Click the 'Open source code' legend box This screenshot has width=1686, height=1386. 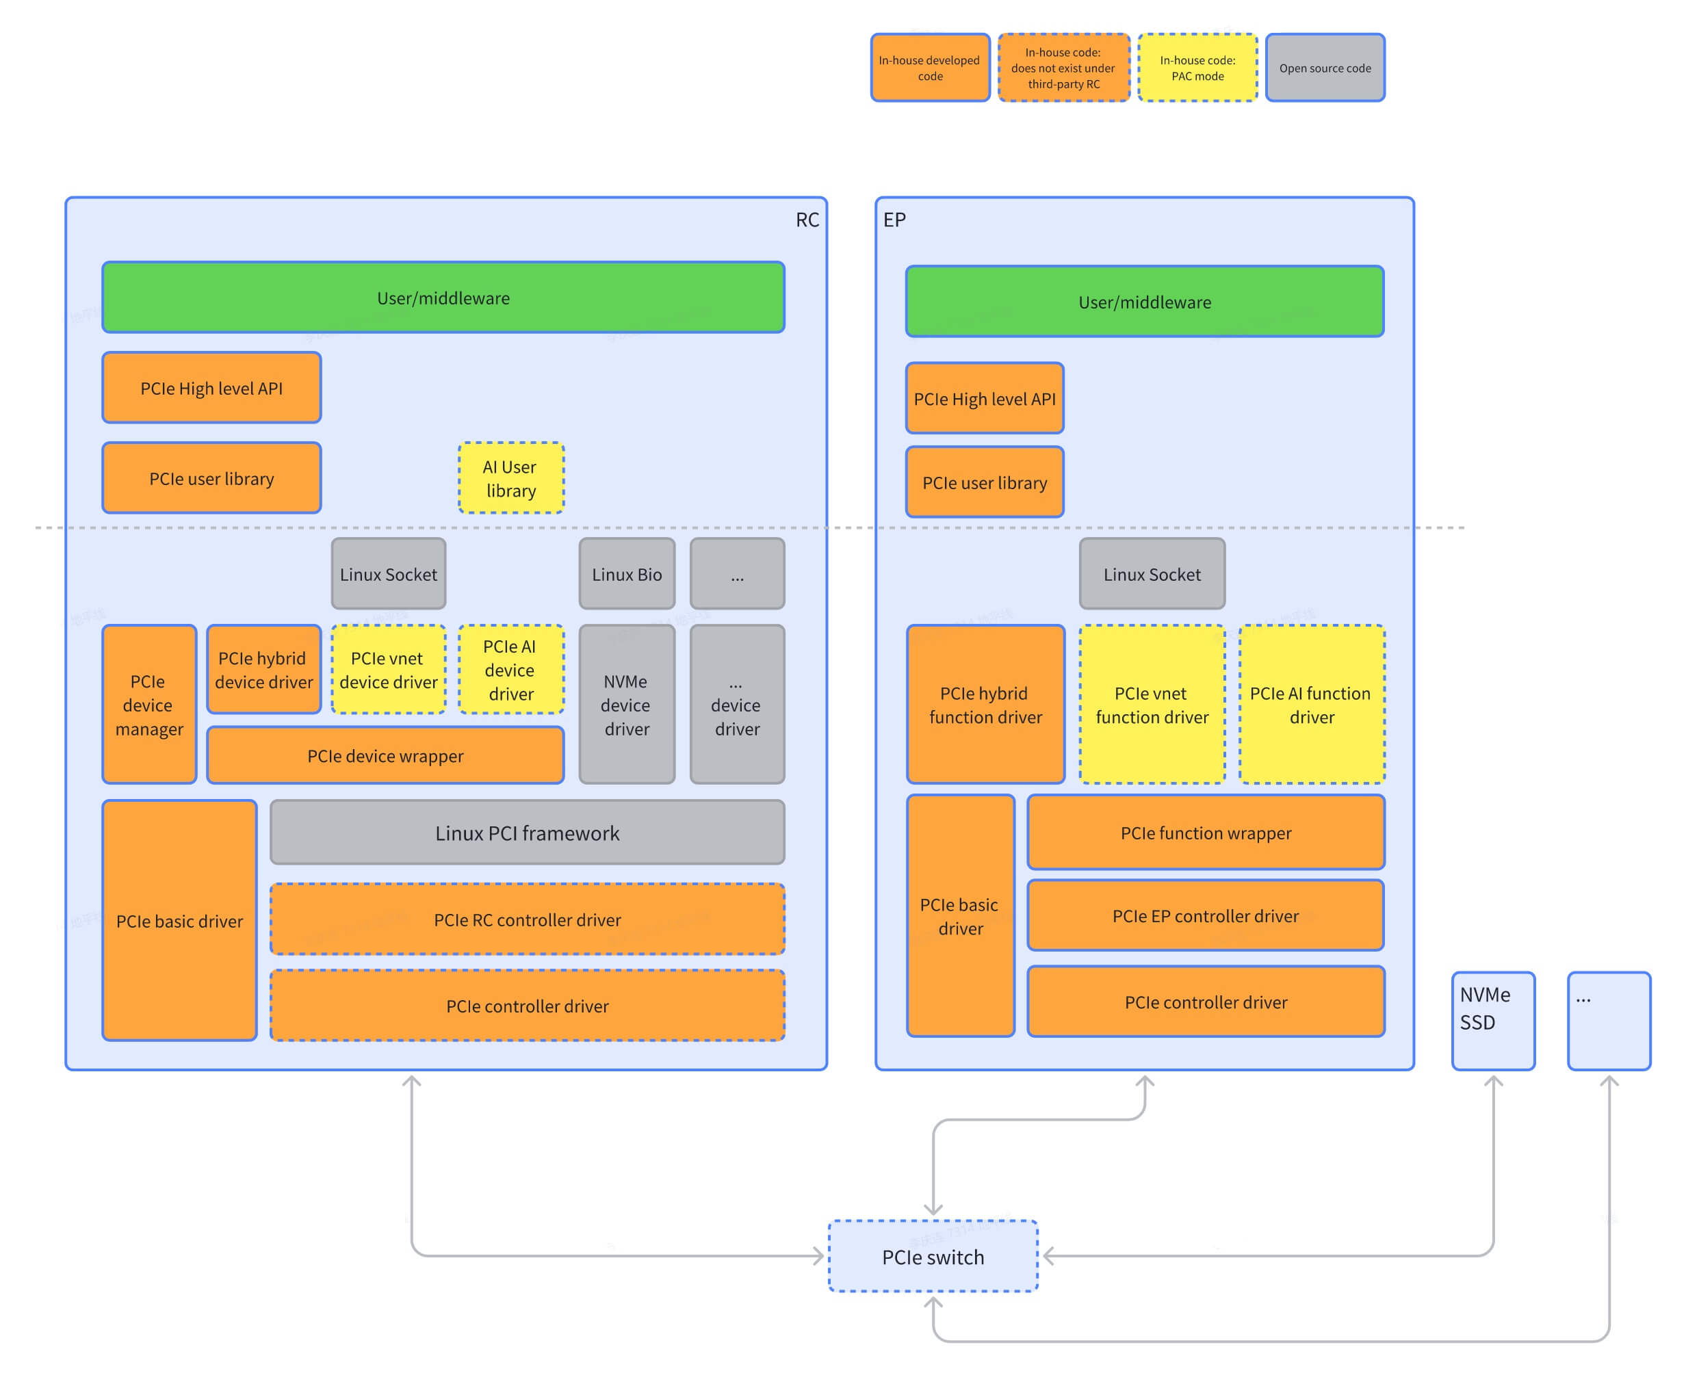click(1324, 68)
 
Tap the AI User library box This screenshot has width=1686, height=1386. click(511, 478)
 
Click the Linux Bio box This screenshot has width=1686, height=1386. click(626, 573)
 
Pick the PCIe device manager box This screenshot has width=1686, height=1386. click(148, 704)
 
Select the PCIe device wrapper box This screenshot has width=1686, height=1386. click(385, 755)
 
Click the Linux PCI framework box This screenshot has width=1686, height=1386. click(527, 833)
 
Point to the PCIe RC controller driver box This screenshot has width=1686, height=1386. click(527, 919)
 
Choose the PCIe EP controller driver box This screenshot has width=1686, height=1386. click(1205, 915)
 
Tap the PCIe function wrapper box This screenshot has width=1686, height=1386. click(1205, 832)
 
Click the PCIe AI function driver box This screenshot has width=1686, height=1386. click(1312, 704)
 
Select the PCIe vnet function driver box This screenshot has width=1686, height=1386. click(1152, 704)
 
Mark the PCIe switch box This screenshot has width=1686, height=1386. click(933, 1256)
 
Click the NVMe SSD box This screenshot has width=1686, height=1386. click(1493, 1020)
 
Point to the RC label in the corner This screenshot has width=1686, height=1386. click(807, 220)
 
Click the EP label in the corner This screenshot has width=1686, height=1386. click(894, 220)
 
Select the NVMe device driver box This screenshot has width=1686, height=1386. click(626, 704)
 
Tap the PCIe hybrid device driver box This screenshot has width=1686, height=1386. click(263, 669)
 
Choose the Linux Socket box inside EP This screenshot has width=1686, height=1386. click(1152, 573)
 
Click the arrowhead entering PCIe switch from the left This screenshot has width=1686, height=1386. click(818, 1256)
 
